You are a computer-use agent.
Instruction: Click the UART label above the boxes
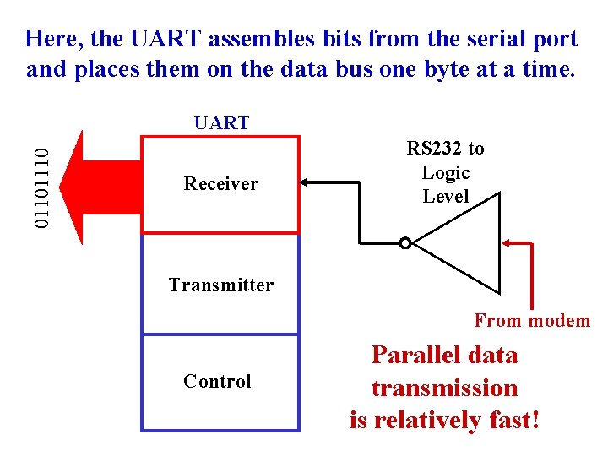point(221,122)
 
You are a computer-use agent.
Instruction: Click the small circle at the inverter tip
point(405,243)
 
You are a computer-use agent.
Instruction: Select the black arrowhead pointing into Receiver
point(307,182)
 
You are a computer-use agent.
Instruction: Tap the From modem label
point(532,321)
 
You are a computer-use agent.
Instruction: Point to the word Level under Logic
point(445,197)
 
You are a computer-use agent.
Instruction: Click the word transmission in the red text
point(444,388)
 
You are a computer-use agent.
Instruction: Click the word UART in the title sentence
point(167,39)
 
